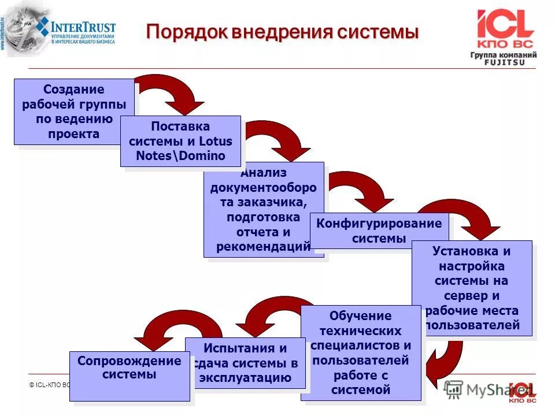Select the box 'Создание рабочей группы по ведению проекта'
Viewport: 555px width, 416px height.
click(73, 112)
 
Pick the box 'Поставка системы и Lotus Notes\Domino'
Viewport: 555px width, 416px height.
click(180, 141)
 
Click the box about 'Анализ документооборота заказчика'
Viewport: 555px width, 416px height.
click(263, 209)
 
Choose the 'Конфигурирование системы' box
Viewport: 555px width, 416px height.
click(379, 231)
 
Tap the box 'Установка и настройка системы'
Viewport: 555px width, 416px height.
click(471, 288)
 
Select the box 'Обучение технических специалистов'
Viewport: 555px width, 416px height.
click(361, 352)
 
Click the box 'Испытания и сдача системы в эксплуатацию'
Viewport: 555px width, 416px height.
click(245, 363)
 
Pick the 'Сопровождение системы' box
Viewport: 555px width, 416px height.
click(129, 376)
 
